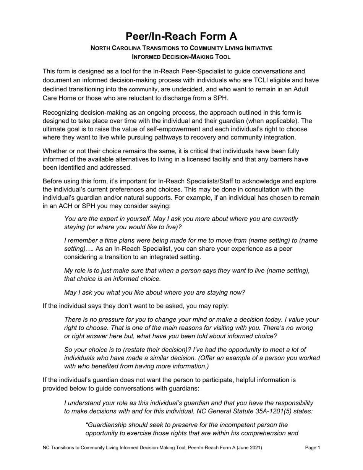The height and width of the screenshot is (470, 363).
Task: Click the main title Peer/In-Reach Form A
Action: [181, 36]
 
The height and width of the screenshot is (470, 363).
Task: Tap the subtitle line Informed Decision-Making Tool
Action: [181, 57]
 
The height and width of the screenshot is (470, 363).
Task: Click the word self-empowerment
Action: [162, 129]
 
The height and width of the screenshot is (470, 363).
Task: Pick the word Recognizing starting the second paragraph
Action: [61, 112]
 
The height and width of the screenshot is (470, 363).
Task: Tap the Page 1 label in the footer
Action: [313, 447]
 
